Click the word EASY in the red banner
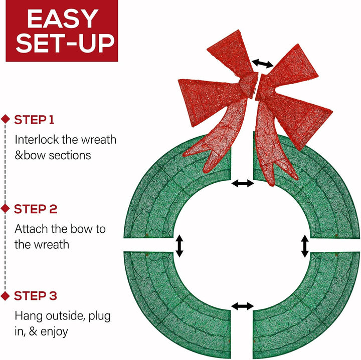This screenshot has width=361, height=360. pos(62,19)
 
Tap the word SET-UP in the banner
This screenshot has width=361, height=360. pos(65,43)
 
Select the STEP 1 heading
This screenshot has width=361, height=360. pos(34,120)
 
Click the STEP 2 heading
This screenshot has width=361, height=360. pos(36,209)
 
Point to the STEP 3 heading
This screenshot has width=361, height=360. pos(36,295)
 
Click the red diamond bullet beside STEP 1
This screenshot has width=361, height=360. pos(6,119)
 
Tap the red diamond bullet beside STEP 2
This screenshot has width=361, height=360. pos(6,208)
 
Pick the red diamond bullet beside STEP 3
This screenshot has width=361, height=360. pos(6,295)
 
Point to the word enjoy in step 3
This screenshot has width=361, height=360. pos(54,332)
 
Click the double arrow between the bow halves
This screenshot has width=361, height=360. pos(263,63)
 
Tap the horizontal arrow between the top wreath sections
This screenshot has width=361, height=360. pos(243,183)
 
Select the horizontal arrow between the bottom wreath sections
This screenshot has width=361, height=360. pos(243,306)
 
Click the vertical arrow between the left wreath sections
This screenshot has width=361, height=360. pos(179,246)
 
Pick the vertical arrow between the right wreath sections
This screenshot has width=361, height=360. pos(305,246)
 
